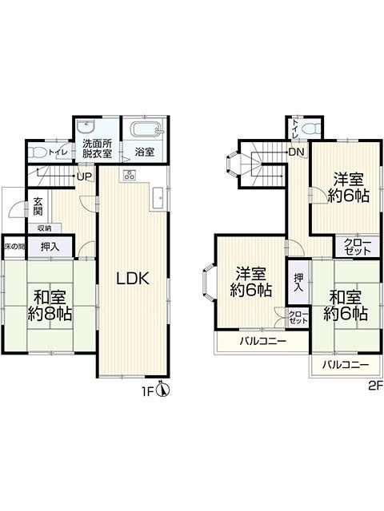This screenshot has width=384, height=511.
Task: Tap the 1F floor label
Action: pyautogui.click(x=148, y=392)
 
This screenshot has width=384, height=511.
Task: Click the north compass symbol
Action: pyautogui.click(x=163, y=391)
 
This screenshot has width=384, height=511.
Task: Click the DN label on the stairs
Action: pyautogui.click(x=296, y=153)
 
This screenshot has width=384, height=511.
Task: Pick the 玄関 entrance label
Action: pyautogui.click(x=38, y=206)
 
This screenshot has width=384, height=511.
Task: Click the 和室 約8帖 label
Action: pyautogui.click(x=50, y=304)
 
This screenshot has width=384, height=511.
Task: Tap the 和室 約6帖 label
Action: pyautogui.click(x=345, y=304)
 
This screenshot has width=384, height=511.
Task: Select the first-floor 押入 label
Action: pyautogui.click(x=50, y=247)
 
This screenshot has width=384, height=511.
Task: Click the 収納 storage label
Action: pyautogui.click(x=42, y=228)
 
